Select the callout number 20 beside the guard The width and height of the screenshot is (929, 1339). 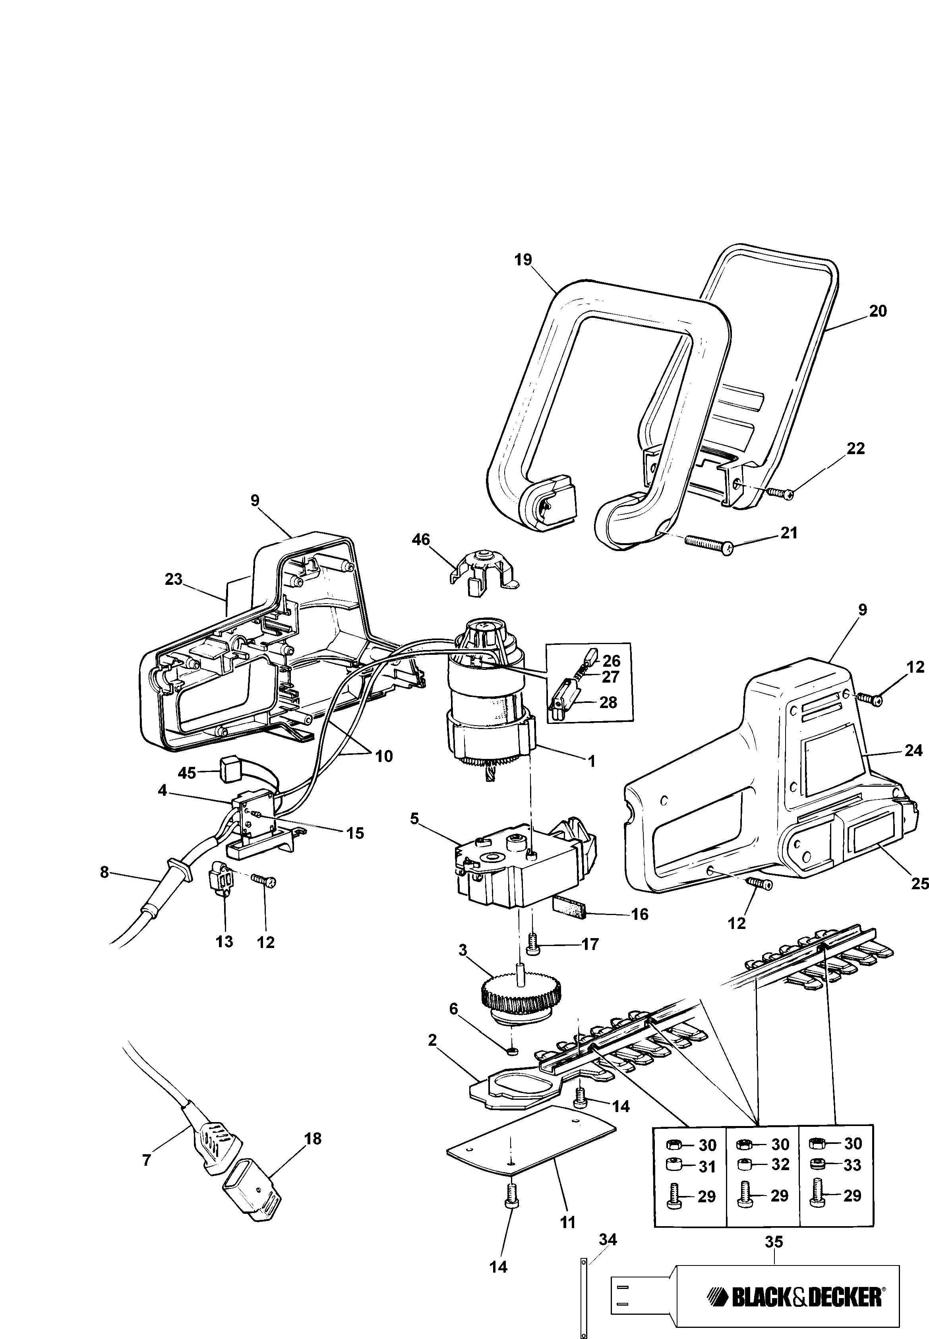click(x=878, y=312)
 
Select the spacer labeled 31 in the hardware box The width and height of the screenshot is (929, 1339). click(x=675, y=1166)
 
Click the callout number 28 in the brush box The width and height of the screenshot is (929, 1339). click(x=608, y=702)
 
